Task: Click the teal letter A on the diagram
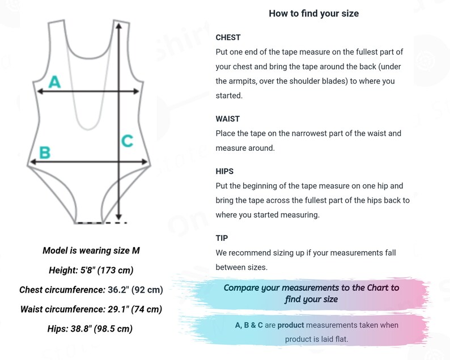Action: tap(54, 82)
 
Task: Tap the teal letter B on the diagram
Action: tap(44, 153)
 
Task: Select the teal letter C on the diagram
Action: tap(127, 140)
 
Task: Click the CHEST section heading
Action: tap(228, 37)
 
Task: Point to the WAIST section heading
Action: tap(228, 119)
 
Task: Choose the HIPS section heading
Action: tap(224, 171)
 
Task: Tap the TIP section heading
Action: tap(222, 238)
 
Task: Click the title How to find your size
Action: tap(313, 14)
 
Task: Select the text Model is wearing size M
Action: tap(91, 251)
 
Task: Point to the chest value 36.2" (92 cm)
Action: tap(135, 290)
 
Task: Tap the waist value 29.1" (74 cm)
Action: tap(135, 309)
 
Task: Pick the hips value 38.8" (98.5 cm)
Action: tap(107, 328)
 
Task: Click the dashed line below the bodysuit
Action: tap(101, 223)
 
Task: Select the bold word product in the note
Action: tap(291, 325)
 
